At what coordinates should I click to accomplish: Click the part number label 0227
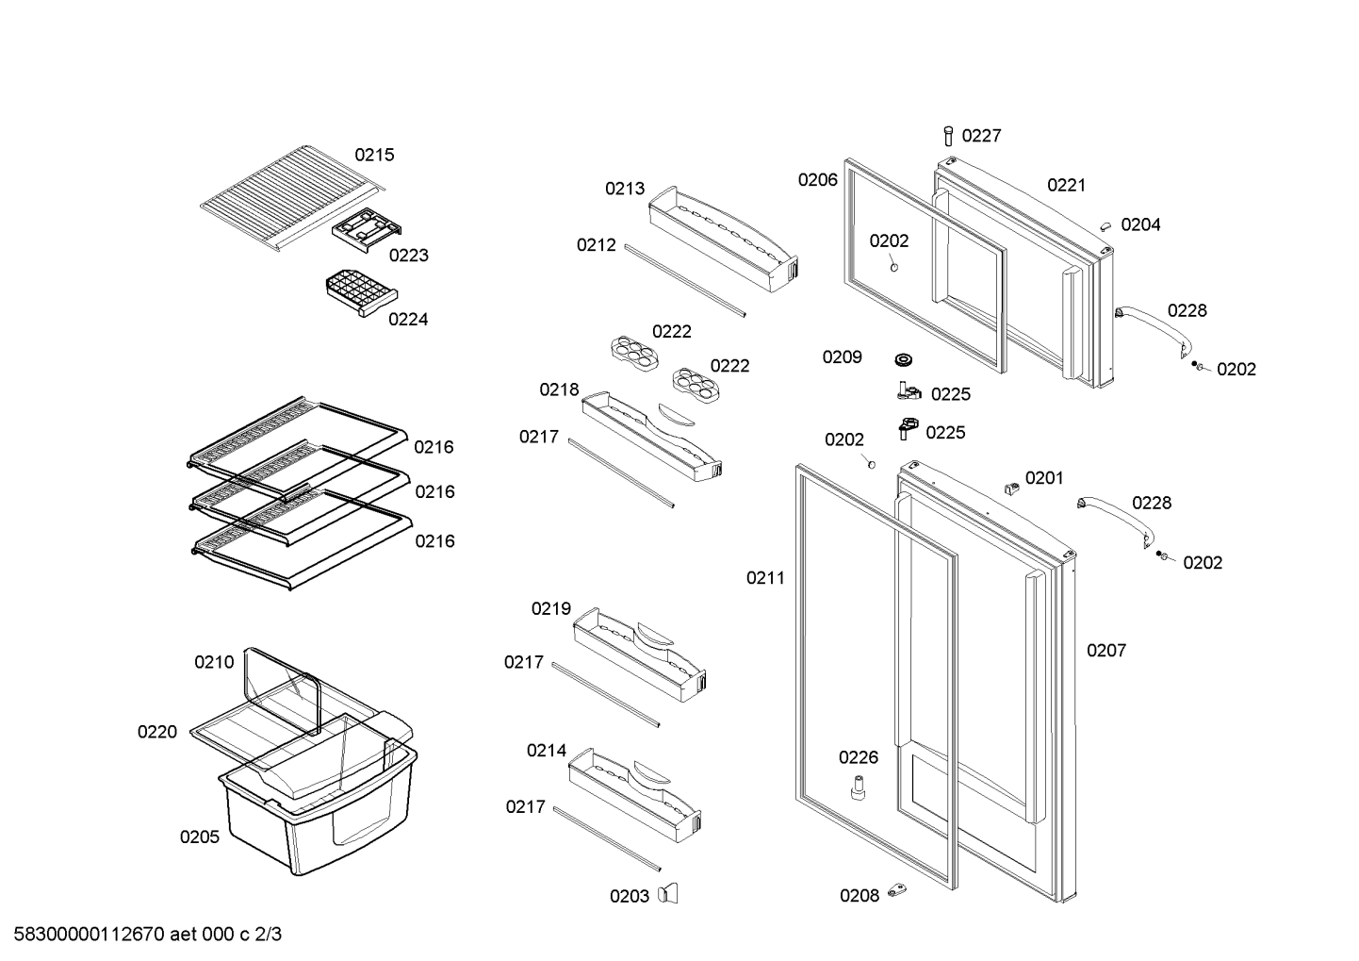tap(981, 136)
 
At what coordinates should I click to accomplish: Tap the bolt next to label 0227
tap(948, 136)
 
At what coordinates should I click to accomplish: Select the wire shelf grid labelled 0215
tap(294, 198)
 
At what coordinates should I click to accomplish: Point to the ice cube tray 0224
tap(362, 294)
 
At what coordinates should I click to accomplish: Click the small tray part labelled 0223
tap(367, 230)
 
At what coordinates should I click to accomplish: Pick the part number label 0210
tap(214, 662)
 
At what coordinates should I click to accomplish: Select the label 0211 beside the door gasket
tap(765, 578)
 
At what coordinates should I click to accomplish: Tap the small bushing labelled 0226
tap(858, 787)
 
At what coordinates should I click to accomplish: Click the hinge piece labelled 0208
tap(896, 890)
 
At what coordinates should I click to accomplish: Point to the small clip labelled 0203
tap(669, 894)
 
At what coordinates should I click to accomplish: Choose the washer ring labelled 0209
tap(904, 360)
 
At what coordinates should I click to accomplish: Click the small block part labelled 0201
tap(1011, 488)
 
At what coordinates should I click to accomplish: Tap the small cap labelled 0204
tap(1105, 225)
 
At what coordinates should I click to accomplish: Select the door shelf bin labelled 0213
tap(723, 240)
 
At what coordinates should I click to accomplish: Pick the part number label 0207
tap(1106, 651)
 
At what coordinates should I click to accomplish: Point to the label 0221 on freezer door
tap(1067, 185)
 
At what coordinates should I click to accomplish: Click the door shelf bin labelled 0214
tap(635, 795)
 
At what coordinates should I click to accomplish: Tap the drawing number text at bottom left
tap(148, 935)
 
